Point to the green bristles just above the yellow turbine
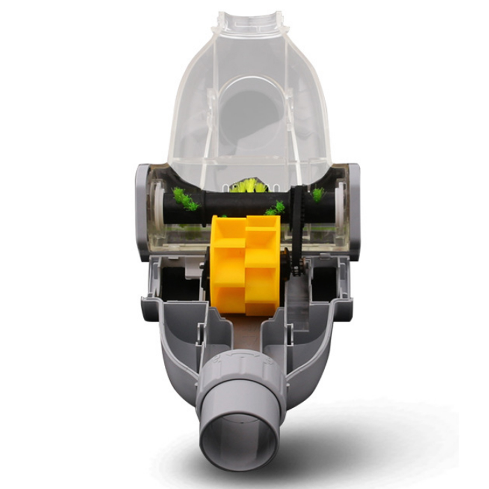tap(276, 209)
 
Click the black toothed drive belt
tap(298, 224)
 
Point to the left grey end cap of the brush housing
tap(142, 210)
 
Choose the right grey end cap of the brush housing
tap(354, 210)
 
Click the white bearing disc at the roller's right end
tap(340, 203)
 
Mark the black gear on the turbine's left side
tap(206, 275)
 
